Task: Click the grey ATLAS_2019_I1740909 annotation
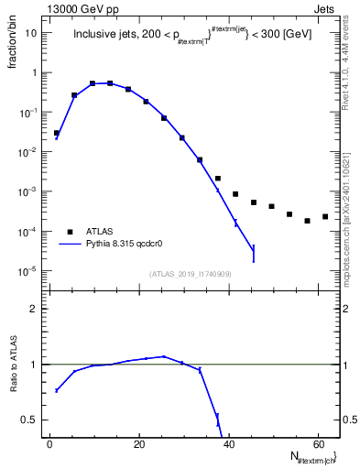click(x=190, y=274)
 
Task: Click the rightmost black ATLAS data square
click(x=325, y=217)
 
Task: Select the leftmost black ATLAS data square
click(x=56, y=133)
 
